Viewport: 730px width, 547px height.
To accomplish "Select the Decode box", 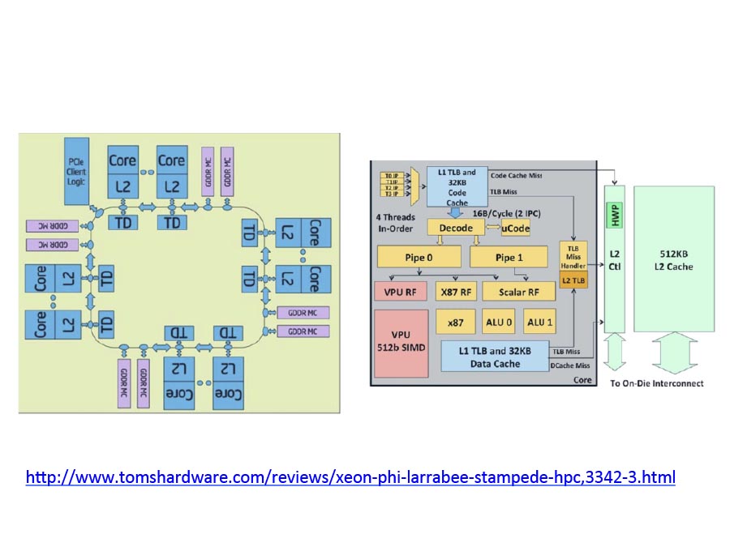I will click(x=455, y=229).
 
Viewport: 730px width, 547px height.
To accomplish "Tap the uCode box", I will click(x=516, y=229).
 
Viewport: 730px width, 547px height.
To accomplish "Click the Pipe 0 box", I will click(x=419, y=258).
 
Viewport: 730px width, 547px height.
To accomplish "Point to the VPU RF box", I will click(x=399, y=291).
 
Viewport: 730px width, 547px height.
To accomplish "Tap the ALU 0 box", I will click(x=498, y=322).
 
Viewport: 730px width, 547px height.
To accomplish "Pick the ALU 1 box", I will click(x=540, y=322).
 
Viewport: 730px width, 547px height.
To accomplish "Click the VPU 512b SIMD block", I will click(x=399, y=343).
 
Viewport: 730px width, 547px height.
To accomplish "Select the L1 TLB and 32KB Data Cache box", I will click(x=494, y=356).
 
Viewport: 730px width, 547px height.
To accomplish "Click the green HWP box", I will click(x=614, y=216).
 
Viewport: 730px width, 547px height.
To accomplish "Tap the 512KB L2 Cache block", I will click(x=674, y=259).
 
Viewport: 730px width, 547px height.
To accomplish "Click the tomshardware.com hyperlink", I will click(x=350, y=477).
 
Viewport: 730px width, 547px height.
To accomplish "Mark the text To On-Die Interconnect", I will click(x=656, y=383).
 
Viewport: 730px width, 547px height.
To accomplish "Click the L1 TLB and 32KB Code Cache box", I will click(x=457, y=186).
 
